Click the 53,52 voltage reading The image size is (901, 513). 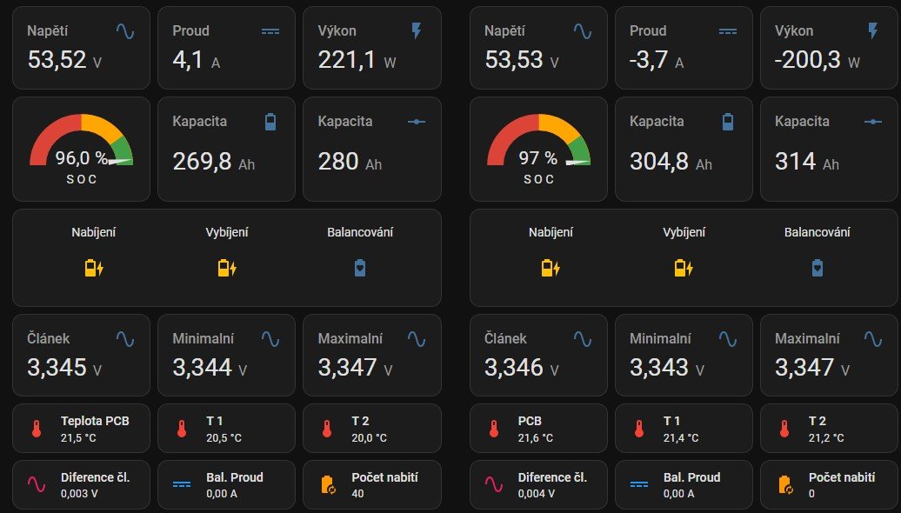[57, 60]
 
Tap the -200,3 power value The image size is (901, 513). [803, 60]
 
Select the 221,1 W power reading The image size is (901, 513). [347, 60]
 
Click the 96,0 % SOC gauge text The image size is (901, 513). [81, 158]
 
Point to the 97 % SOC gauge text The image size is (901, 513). [537, 158]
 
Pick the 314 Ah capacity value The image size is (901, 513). [795, 162]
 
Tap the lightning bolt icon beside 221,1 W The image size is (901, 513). [416, 31]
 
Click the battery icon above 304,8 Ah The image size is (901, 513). [728, 122]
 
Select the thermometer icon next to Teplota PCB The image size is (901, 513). [37, 429]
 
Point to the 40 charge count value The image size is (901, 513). [357, 493]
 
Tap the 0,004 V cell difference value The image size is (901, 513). [535, 493]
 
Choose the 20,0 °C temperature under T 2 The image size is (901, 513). [369, 436]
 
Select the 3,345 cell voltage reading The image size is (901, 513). [57, 367]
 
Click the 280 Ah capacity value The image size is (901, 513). [338, 162]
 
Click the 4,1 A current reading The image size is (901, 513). [189, 60]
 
